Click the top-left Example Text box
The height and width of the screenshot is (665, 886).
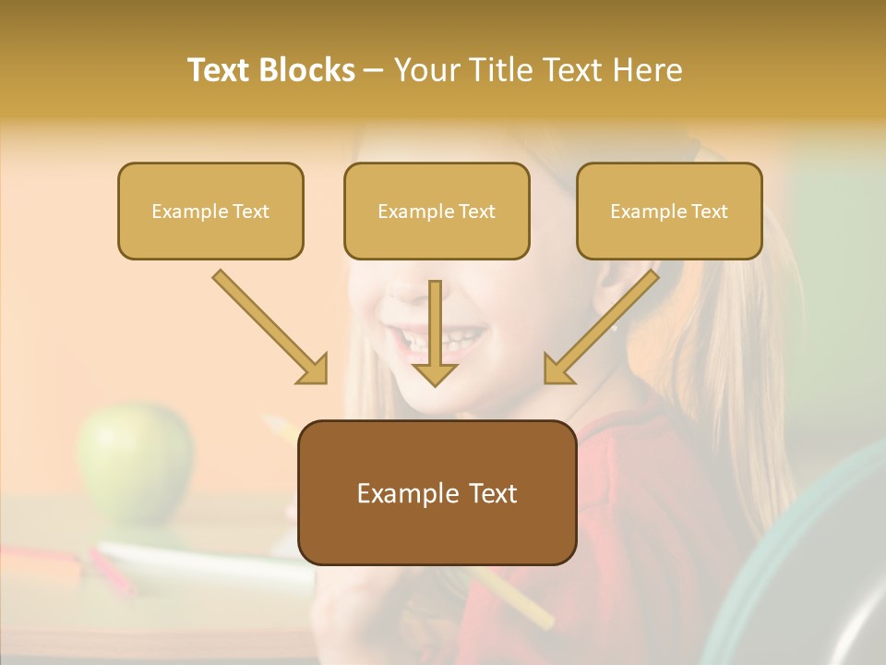click(x=210, y=211)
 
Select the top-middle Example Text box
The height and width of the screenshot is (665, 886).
click(x=437, y=211)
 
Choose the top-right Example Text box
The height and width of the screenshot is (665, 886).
click(x=669, y=211)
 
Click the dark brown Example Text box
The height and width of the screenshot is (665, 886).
click(x=437, y=492)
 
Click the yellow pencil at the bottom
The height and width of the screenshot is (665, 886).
click(x=517, y=600)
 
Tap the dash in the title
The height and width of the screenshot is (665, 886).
click(x=374, y=70)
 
